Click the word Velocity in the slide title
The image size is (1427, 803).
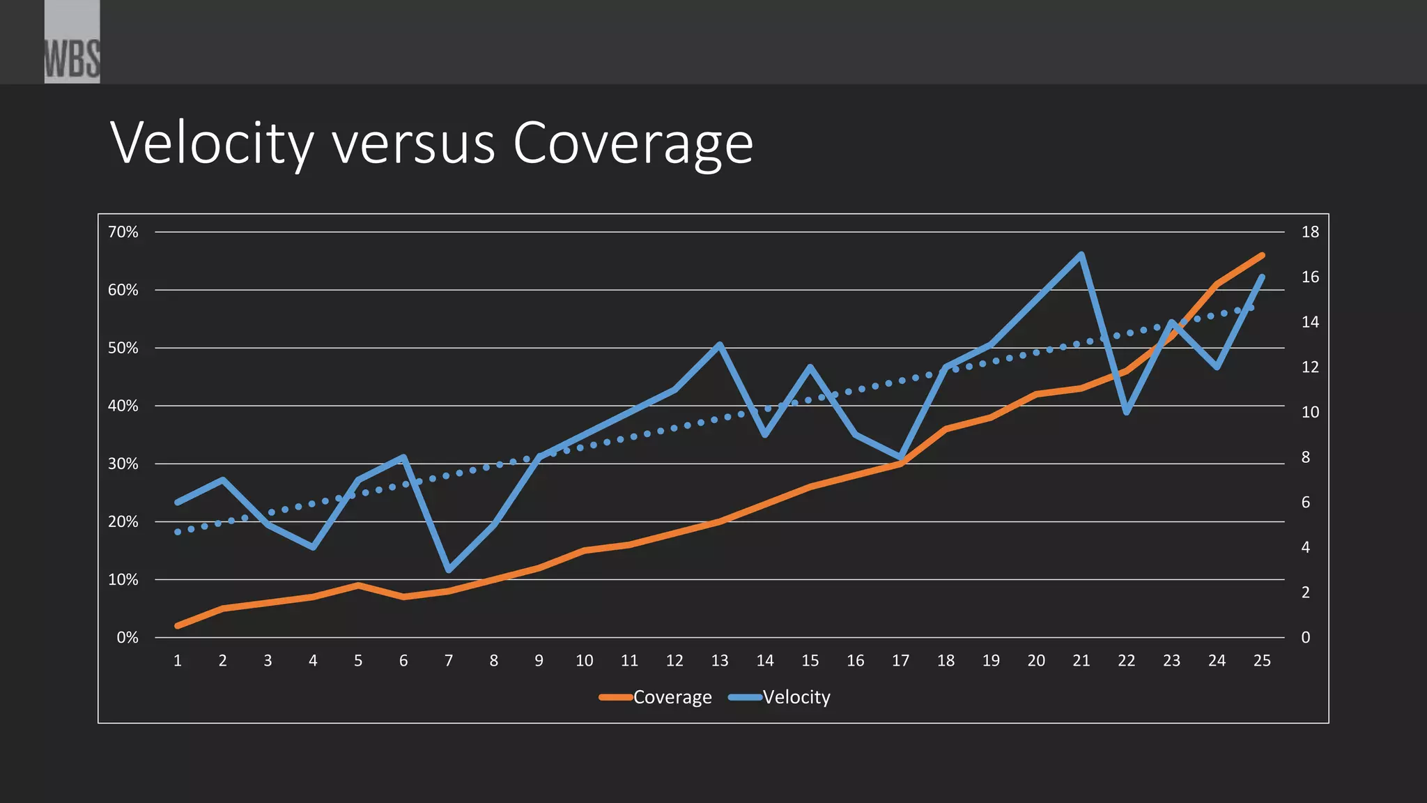pos(212,144)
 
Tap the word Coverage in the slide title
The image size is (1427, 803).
pos(633,144)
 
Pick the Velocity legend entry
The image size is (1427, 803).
pos(780,697)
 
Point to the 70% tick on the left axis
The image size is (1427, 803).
pos(123,232)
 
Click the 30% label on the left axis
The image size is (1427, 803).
pos(123,464)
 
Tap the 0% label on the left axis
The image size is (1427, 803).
pos(128,638)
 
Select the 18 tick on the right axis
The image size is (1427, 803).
pos(1310,232)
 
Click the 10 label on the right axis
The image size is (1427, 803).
pos(1310,412)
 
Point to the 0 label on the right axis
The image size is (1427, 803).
pos(1306,638)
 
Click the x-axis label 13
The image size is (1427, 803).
pos(720,661)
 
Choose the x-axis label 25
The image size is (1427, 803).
pos(1262,661)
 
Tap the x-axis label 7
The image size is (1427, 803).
pos(449,661)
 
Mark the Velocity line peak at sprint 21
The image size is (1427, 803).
pos(1081,254)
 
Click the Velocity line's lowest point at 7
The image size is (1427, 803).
pos(449,570)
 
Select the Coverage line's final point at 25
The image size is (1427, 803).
pos(1262,255)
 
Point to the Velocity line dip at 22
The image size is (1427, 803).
pos(1126,413)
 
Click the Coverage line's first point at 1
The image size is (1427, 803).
pos(178,626)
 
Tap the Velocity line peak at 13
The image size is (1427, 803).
pos(720,344)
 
